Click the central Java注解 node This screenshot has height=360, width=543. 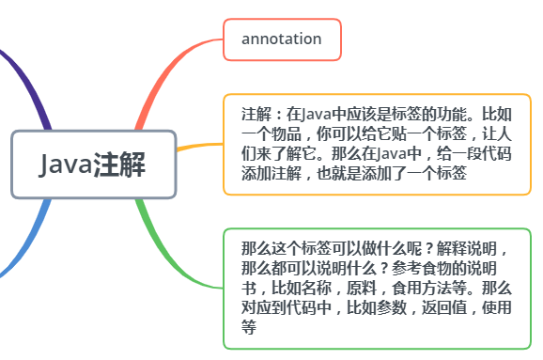[93, 164]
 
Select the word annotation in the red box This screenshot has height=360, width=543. [281, 39]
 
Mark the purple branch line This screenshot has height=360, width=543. [28, 80]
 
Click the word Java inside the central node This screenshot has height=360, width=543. [66, 165]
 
